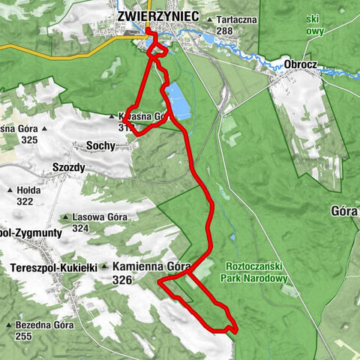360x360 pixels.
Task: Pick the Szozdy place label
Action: pos(70,167)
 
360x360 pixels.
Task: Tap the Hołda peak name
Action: pos(29,190)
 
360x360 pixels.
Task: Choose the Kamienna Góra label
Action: pos(152,266)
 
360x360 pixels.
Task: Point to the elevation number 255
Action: pos(24,337)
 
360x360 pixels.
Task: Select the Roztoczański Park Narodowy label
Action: pos(254,271)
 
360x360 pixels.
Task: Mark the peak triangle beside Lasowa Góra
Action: pos(67,217)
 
